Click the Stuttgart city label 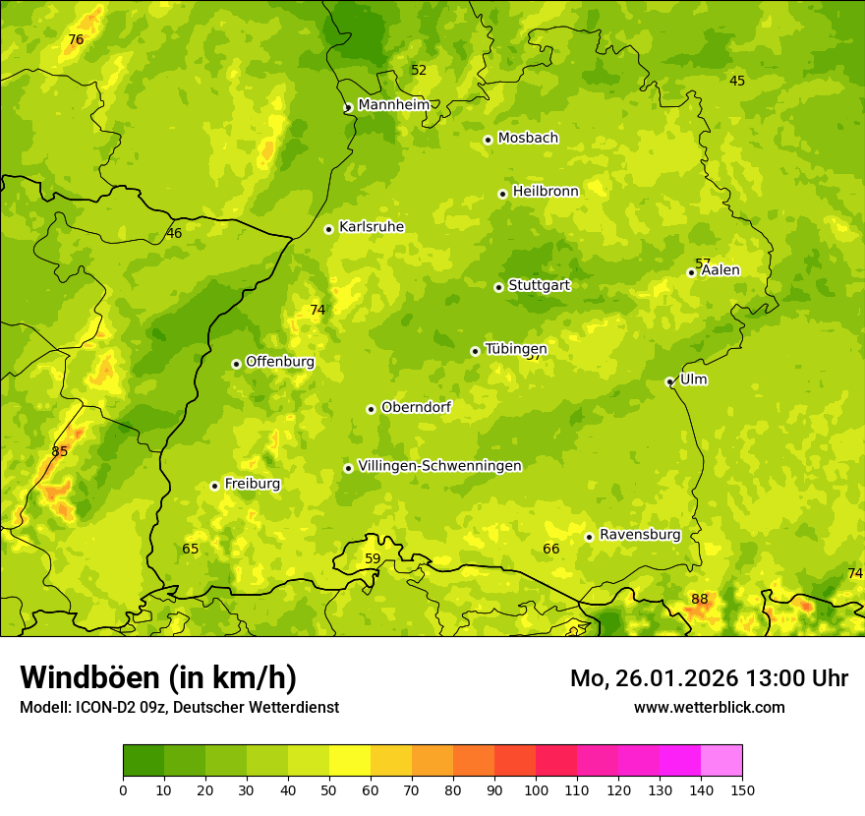tap(539, 286)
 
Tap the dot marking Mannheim tap(348, 108)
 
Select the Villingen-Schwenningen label tap(439, 466)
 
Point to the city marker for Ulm tap(670, 382)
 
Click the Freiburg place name tap(252, 484)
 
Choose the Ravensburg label tap(640, 535)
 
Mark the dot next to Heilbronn tap(502, 194)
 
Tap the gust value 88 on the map tap(700, 599)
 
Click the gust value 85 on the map tap(60, 451)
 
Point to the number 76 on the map tap(76, 40)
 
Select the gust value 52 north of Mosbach tap(419, 70)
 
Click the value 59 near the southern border tap(373, 558)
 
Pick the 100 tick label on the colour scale tap(536, 789)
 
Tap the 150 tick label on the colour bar tap(742, 789)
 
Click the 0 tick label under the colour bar tap(123, 789)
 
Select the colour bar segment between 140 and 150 tap(721, 761)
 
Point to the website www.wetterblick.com tap(709, 707)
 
